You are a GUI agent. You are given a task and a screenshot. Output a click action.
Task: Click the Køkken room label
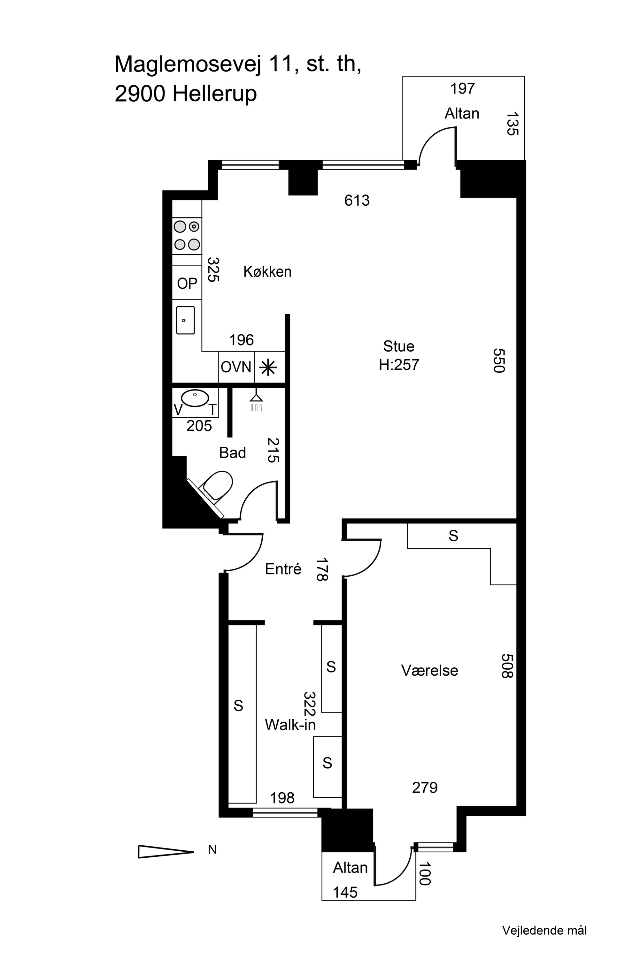click(x=267, y=272)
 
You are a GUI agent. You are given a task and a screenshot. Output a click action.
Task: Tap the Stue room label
click(x=398, y=346)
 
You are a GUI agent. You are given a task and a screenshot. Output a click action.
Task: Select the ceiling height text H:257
click(x=398, y=365)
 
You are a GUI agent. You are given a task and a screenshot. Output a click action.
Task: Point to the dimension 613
click(x=357, y=201)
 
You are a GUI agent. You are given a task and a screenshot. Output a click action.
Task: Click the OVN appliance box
click(x=236, y=367)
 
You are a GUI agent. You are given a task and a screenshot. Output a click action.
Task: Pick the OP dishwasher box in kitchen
click(x=187, y=283)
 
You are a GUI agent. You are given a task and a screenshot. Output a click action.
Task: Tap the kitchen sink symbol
click(x=185, y=321)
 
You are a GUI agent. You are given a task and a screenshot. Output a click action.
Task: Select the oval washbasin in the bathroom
click(x=195, y=398)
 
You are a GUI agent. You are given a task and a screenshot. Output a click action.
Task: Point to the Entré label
click(x=283, y=569)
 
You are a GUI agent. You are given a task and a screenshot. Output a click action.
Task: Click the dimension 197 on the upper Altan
click(x=463, y=88)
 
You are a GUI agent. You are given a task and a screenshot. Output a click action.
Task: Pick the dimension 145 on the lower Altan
click(x=345, y=893)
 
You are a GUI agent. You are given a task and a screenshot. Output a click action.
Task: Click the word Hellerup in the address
click(x=214, y=94)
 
